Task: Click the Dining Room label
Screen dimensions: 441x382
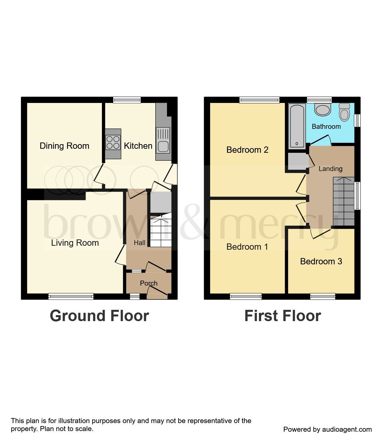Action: (x=64, y=146)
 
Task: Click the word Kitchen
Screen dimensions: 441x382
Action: (x=138, y=146)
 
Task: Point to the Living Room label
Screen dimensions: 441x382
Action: (x=75, y=243)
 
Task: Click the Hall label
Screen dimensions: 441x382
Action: (x=139, y=243)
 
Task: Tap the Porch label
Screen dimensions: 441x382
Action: (x=149, y=283)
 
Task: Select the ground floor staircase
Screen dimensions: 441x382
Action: (x=161, y=231)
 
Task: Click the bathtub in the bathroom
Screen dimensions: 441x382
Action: (x=297, y=126)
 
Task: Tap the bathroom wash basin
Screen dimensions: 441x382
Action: (x=323, y=110)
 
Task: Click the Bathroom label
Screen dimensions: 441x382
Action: (x=326, y=127)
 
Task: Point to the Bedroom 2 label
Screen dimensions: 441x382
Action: (x=247, y=150)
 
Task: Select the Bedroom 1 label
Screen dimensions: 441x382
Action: (x=247, y=247)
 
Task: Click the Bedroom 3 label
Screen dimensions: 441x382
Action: (x=321, y=261)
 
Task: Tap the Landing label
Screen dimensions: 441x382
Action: (x=330, y=169)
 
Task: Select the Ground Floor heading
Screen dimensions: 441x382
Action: (x=99, y=316)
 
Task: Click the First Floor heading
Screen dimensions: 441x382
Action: (x=282, y=316)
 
